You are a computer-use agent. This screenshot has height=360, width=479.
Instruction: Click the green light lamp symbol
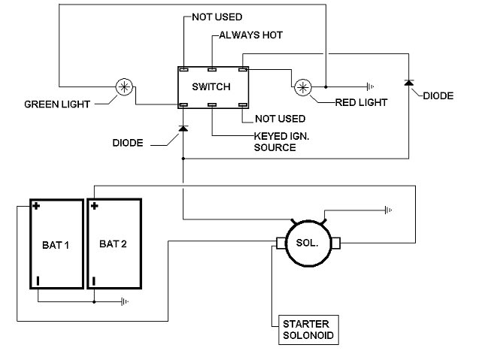[x=124, y=87]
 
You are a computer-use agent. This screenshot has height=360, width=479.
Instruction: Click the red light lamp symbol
[x=303, y=87]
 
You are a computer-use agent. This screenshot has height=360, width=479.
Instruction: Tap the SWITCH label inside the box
[x=211, y=86]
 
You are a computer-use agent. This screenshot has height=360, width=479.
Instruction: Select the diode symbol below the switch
[x=183, y=129]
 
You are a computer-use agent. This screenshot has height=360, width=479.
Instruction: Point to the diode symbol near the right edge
[x=409, y=83]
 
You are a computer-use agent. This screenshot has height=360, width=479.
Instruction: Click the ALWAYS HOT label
[x=251, y=35]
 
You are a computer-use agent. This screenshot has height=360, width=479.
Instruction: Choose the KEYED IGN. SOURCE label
[x=281, y=142]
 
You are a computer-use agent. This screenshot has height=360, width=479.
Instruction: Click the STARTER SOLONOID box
[x=308, y=330]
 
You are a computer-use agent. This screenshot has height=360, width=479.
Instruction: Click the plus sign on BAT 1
[x=36, y=206]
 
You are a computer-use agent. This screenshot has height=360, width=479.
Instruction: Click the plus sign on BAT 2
[x=95, y=206]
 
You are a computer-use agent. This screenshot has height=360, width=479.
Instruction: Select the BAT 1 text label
[x=56, y=245]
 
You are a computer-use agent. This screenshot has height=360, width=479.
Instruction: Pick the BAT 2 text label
[x=113, y=244]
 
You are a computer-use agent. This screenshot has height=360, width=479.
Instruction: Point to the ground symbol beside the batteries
[x=125, y=301]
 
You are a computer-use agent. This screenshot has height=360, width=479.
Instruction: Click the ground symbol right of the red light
[x=370, y=86]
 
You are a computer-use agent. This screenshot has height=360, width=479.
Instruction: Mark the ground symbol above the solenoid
[x=388, y=210]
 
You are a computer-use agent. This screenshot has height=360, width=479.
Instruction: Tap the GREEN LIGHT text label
[x=57, y=104]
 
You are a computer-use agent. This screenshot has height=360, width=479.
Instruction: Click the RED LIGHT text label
[x=362, y=103]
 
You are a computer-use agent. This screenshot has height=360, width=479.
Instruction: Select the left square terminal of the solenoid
[x=281, y=243]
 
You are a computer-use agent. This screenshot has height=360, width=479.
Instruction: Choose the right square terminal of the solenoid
[x=335, y=243]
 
